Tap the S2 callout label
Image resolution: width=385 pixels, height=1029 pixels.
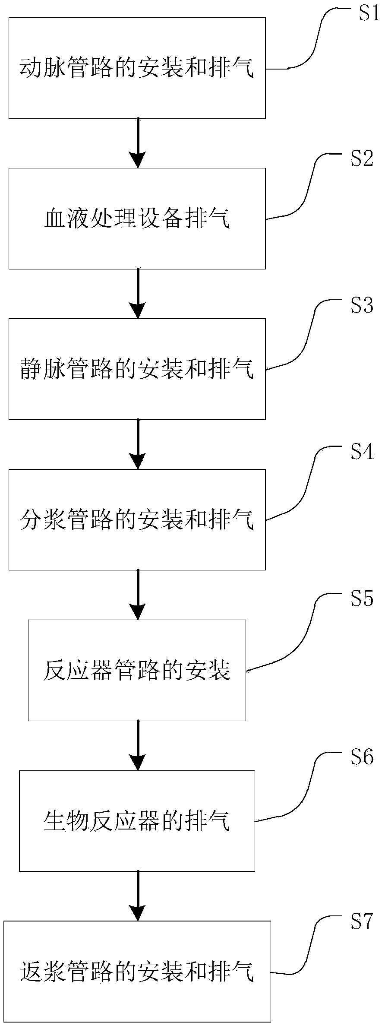click(x=362, y=159)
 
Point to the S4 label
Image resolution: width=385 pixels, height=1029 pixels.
click(x=362, y=452)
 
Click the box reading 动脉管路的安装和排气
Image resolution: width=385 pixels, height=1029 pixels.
click(x=137, y=68)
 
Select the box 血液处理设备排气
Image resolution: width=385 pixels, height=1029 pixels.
click(x=137, y=218)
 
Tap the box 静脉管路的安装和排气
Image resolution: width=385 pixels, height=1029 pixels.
click(x=137, y=369)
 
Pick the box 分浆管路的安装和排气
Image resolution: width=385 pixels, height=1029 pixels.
click(x=137, y=520)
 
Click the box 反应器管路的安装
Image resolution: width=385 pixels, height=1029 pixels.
click(x=137, y=671)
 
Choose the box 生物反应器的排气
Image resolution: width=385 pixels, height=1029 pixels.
click(x=137, y=821)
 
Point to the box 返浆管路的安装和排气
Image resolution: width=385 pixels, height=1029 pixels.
click(x=137, y=972)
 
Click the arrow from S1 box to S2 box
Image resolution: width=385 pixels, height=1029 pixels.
click(x=138, y=143)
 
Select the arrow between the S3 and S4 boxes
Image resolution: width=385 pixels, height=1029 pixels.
click(x=138, y=444)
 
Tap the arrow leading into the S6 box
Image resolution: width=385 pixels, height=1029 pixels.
click(x=138, y=746)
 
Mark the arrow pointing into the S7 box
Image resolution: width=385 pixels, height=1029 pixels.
click(x=138, y=896)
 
